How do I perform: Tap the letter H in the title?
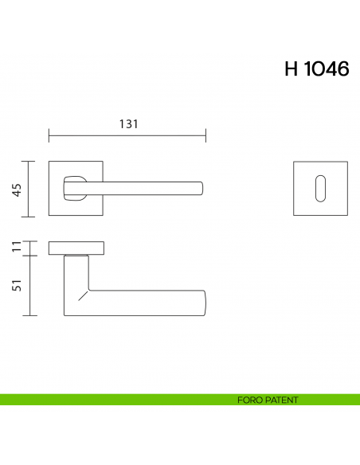[x=291, y=69]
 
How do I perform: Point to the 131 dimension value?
[x=128, y=124]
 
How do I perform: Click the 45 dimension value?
[x=15, y=189]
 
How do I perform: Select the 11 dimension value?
[x=15, y=247]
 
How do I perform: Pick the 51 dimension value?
[x=15, y=286]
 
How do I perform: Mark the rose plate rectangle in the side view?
[x=76, y=248]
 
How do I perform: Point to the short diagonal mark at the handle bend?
[x=81, y=298]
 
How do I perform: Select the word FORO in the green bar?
[x=248, y=401]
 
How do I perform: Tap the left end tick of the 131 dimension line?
[x=49, y=135]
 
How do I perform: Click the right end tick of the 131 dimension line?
[x=206, y=135]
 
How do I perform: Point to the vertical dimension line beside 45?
[x=29, y=189]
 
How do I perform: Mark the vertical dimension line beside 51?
[x=29, y=286]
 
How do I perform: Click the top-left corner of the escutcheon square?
[x=293, y=162]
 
